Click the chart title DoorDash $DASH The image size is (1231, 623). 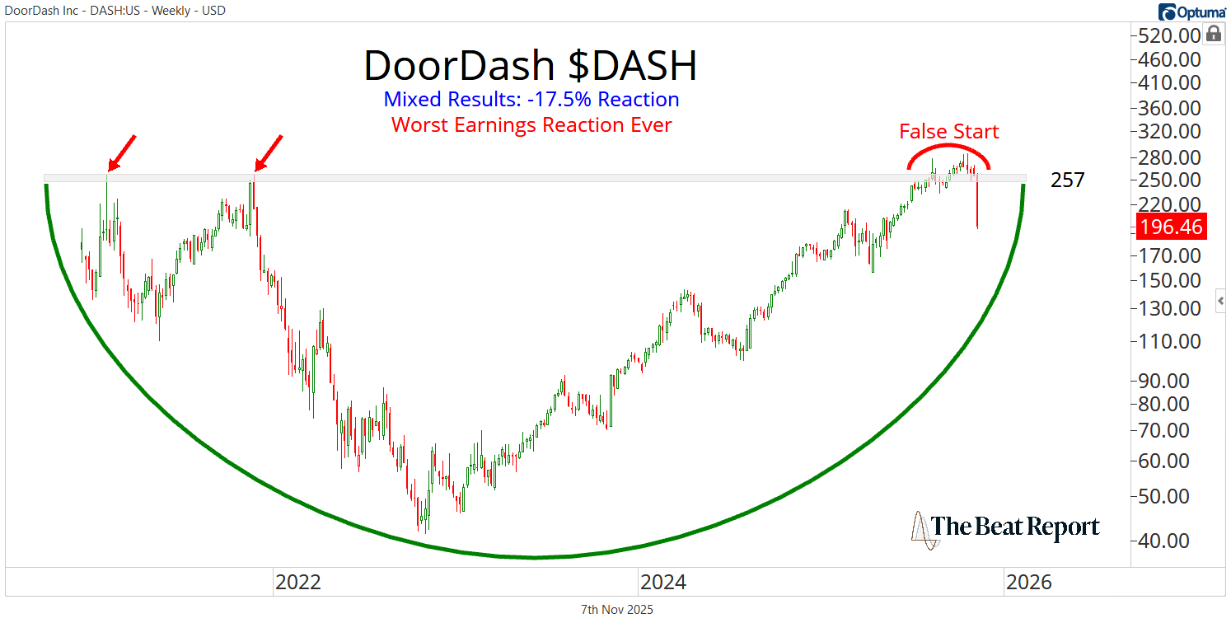coord(530,66)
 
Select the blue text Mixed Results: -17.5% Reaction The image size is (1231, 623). coord(531,100)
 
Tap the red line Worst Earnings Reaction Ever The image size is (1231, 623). coord(531,125)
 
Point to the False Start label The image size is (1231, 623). coord(948,132)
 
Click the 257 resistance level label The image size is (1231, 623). coord(1067,180)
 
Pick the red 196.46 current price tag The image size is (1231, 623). coord(1171,227)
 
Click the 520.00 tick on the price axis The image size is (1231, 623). coord(1171,35)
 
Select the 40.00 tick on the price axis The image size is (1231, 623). coord(1171,541)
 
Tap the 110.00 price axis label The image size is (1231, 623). coord(1171,341)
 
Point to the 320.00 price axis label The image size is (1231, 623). coord(1171,132)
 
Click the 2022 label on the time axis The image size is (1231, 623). coord(297,583)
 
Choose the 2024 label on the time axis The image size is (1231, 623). coord(663,583)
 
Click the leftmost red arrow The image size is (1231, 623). coord(121,152)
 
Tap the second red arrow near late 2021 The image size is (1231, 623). coord(269,152)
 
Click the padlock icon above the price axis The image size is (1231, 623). coord(1213,34)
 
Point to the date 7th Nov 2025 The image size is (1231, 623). coord(616,610)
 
